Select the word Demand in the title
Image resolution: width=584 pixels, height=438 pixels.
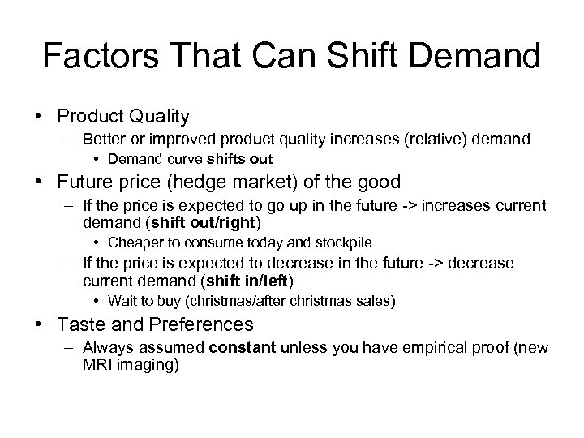click(479, 57)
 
